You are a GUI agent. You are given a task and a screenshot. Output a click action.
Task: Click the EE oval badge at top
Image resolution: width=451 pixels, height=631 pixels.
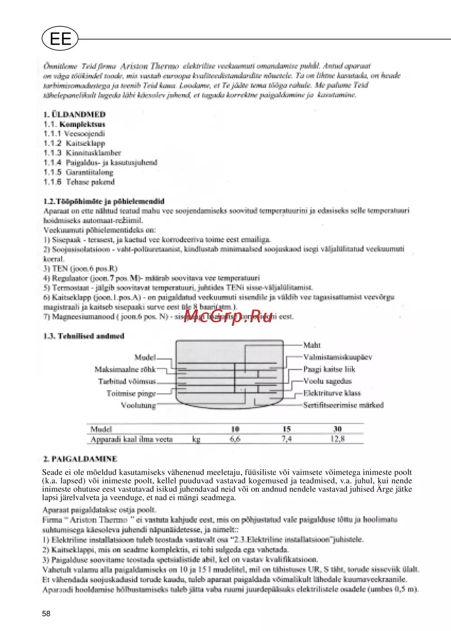coord(60,39)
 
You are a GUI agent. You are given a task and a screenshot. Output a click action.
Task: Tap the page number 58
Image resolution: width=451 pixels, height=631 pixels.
coord(46,613)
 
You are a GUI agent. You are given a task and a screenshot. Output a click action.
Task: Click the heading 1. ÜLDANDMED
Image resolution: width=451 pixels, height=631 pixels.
coord(74,114)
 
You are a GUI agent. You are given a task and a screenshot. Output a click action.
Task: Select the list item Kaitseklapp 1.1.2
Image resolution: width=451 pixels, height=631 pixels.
coord(74,143)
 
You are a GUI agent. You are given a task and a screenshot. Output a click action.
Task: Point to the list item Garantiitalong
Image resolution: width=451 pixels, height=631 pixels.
coord(78,172)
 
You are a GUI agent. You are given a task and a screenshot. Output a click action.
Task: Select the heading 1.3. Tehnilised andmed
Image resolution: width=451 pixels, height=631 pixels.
coord(84,336)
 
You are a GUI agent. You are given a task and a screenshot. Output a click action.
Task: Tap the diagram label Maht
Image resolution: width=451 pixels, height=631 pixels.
coord(312,345)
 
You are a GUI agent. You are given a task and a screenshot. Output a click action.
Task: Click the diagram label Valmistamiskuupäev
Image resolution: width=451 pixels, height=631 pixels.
coord(337,357)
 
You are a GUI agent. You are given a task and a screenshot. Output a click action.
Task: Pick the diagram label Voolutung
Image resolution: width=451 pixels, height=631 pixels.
coord(138,405)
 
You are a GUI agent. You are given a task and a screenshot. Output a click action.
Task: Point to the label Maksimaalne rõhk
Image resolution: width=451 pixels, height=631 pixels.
coord(125,370)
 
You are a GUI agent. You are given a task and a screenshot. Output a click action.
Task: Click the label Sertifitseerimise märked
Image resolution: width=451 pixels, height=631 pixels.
coord(343,405)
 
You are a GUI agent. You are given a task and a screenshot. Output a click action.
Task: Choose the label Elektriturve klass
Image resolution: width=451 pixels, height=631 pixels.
coord(332,393)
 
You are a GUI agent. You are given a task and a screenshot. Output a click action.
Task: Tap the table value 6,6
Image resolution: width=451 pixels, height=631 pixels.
coord(235,439)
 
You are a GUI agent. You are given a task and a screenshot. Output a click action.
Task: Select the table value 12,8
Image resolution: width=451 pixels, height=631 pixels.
coord(337,439)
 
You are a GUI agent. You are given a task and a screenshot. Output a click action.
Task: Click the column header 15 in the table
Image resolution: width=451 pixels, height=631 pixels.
coord(286,429)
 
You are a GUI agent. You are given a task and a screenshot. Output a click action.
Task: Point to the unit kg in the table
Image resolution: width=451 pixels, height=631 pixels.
coord(196,439)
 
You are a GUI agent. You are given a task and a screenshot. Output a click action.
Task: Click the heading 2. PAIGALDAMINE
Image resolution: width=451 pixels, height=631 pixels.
coord(80,459)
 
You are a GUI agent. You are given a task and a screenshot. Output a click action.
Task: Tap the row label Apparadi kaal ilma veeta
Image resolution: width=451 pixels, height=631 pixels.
coord(131,439)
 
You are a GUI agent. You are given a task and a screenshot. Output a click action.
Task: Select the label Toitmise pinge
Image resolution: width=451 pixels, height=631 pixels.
coord(131,393)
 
